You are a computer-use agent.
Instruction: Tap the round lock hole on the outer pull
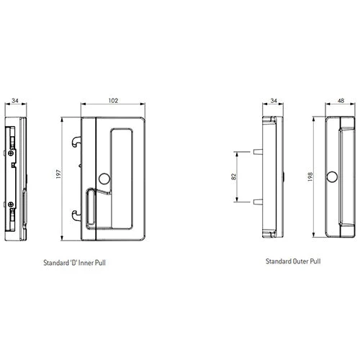[x=333, y=177]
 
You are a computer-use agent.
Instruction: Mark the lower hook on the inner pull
[x=76, y=213]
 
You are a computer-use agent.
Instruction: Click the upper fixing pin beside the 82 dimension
[x=256, y=151]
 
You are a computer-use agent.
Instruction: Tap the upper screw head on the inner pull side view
[x=14, y=153]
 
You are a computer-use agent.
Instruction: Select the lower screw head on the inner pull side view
[x=14, y=207]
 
